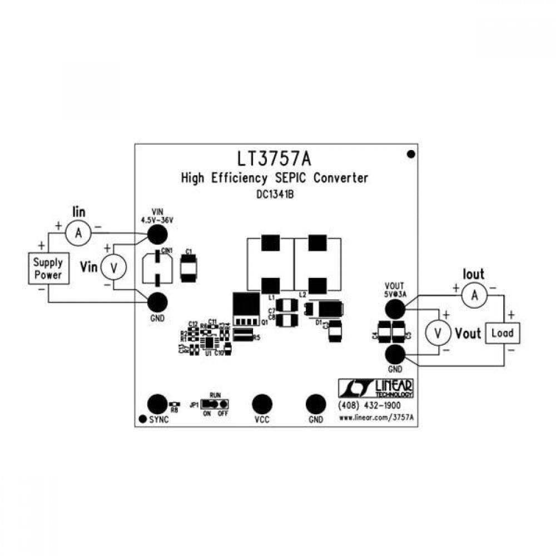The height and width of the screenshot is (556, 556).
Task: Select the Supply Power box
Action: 48,269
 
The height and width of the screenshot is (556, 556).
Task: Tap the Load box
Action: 502,333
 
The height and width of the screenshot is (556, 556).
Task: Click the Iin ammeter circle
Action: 78,234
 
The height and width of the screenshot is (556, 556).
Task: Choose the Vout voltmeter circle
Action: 438,332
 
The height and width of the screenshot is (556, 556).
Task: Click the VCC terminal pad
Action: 261,404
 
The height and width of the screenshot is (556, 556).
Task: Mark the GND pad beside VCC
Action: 315,404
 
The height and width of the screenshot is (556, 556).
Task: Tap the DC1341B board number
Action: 275,195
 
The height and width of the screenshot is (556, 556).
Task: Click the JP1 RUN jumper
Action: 214,404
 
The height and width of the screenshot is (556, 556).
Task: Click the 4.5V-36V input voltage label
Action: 157,220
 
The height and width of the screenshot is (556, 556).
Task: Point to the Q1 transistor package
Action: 245,310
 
